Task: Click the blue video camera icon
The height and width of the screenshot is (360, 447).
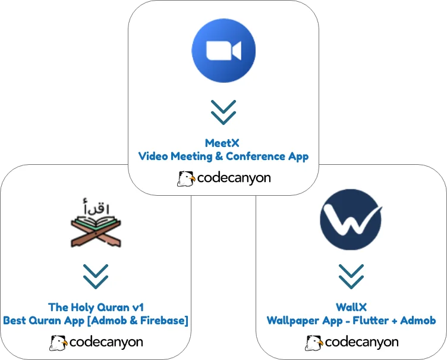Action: point(223,50)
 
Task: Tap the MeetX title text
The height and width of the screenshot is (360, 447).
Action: point(223,143)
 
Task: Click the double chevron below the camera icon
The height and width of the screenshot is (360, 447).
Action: point(223,112)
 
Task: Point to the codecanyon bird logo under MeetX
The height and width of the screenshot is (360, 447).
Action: point(185,179)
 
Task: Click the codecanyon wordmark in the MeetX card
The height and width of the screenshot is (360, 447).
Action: point(233,179)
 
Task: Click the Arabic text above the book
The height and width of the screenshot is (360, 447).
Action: point(97,208)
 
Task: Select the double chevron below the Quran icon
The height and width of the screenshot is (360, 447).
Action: point(96,276)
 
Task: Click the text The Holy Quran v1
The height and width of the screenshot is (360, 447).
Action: point(96,307)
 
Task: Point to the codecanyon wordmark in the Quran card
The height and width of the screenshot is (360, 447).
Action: point(106,343)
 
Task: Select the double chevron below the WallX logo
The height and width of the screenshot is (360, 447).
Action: point(351,276)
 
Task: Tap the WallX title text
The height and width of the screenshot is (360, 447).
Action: point(351,307)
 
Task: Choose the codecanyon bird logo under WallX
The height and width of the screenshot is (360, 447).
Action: point(314,343)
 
